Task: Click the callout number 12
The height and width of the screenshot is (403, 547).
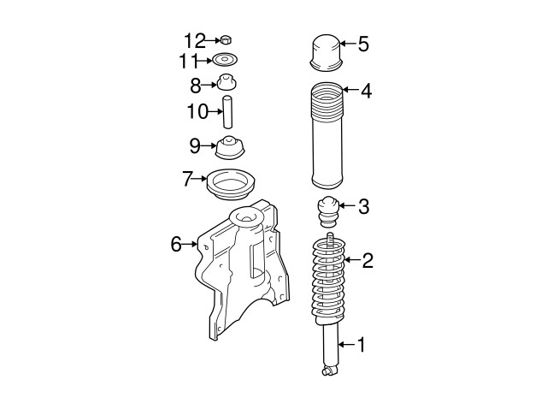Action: pyautogui.click(x=195, y=39)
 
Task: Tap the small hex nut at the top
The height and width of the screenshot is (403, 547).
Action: pyautogui.click(x=226, y=39)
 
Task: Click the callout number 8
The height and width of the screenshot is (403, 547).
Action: pyautogui.click(x=195, y=85)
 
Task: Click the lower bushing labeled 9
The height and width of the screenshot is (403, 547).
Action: pyautogui.click(x=228, y=147)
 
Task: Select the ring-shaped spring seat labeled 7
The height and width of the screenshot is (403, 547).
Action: pyautogui.click(x=230, y=182)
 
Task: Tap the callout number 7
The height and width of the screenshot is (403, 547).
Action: pyautogui.click(x=188, y=180)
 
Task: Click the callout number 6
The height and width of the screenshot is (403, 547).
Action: pyautogui.click(x=176, y=245)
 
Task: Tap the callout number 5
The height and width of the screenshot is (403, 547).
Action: pyautogui.click(x=363, y=44)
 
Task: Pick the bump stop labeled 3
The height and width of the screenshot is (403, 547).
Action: pyautogui.click(x=328, y=210)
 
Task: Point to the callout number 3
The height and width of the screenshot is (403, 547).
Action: pyautogui.click(x=363, y=206)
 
